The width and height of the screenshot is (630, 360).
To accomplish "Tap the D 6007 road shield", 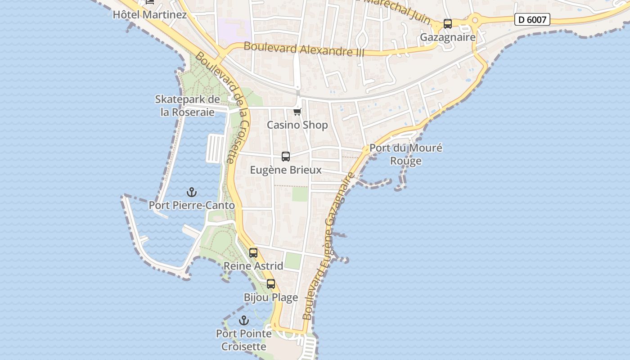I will [x=532, y=19].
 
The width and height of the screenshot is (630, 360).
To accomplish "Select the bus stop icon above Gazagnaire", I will [x=447, y=24].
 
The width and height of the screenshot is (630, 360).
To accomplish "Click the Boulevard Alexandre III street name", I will [x=304, y=49].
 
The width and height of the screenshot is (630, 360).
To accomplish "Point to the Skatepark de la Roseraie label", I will [x=187, y=106].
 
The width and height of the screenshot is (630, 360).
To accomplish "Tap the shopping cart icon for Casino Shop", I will [x=297, y=111].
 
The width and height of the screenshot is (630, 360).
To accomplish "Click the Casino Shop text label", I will [x=297, y=125].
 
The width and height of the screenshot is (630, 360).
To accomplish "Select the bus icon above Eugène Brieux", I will [x=286, y=157].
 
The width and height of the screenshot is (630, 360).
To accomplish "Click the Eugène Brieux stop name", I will [x=286, y=170].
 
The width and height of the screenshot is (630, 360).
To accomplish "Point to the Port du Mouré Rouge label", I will [x=406, y=154].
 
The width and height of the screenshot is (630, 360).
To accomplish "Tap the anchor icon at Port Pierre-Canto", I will [x=192, y=193].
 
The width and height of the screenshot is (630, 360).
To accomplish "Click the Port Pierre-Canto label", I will [x=192, y=206].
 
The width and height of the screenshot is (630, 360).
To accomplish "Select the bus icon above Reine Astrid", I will [x=253, y=253].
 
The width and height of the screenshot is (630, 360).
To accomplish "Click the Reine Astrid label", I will [x=253, y=266].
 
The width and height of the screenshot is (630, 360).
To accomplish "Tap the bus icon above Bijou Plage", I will [x=271, y=284].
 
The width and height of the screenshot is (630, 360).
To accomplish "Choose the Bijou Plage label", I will [x=271, y=297].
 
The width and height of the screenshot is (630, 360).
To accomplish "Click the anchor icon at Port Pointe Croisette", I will [x=243, y=320].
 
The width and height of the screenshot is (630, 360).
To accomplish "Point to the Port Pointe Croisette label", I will [x=243, y=340].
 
